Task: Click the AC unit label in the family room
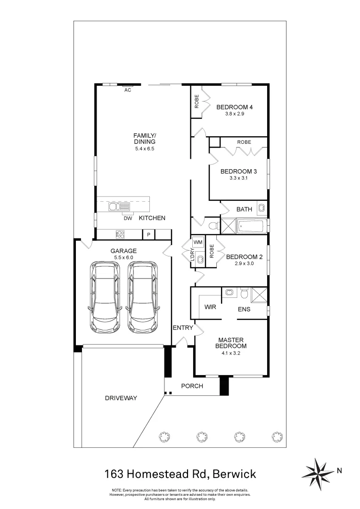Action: pos(128,90)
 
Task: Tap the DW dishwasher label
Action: pos(128,218)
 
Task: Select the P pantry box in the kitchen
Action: pos(148,234)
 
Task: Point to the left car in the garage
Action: pos(105,296)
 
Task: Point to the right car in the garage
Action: pos(142,296)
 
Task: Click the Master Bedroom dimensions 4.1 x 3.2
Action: pos(230,353)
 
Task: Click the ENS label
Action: pos(244,310)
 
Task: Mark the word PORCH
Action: pos(192,386)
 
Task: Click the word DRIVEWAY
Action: pos(121,398)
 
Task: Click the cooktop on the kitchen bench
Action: pos(120,234)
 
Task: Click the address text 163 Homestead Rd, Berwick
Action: pos(180,473)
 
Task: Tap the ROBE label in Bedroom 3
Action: pos(244,142)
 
